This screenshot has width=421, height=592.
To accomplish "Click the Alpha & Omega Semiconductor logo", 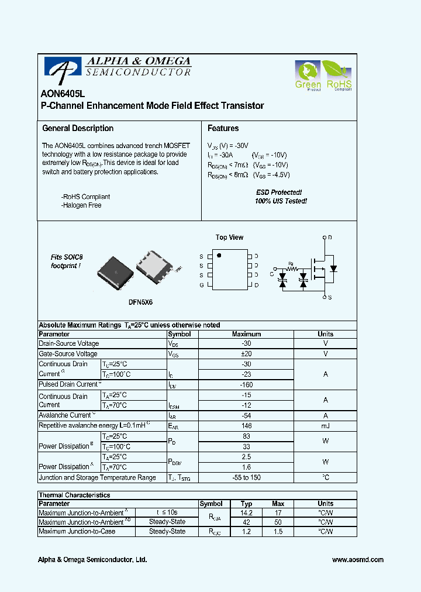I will [117, 68].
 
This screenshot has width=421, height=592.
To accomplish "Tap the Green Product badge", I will [308, 76].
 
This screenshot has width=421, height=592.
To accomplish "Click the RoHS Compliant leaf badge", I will [339, 76].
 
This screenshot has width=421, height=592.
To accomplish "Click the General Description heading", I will [78, 128].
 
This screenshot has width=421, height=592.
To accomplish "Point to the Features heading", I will [223, 128].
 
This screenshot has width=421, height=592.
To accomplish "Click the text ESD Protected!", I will [279, 192].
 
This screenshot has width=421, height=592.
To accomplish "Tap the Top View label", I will [229, 238].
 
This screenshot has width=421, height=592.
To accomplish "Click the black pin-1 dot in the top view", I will [219, 256].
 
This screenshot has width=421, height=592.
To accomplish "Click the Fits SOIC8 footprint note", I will [66, 261].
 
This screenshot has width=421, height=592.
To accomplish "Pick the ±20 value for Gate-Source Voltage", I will [246, 354].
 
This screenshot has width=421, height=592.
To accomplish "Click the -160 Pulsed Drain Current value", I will [246, 384].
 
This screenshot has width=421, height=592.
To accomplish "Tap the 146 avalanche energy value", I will [246, 426].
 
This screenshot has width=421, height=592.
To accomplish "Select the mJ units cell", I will [325, 426].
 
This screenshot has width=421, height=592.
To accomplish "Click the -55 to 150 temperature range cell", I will [246, 477].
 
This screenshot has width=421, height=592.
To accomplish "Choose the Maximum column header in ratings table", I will [246, 334].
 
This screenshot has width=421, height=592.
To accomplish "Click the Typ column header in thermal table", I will [246, 504].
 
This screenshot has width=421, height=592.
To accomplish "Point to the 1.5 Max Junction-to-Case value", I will [278, 531].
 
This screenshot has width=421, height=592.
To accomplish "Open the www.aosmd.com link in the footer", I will [358, 560].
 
